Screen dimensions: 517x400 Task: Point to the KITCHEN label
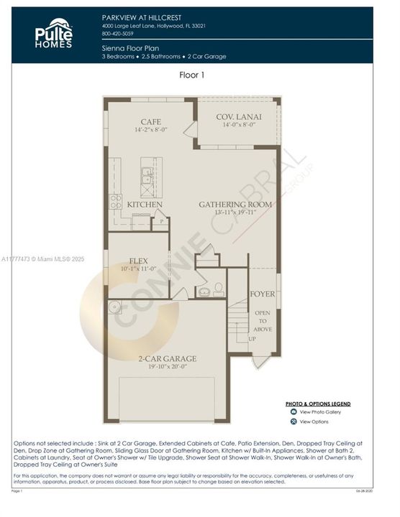click(x=145, y=205)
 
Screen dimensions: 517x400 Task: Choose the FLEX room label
click(x=138, y=261)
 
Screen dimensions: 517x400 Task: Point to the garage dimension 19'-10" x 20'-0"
click(x=167, y=366)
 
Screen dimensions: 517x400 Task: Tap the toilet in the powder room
click(x=218, y=289)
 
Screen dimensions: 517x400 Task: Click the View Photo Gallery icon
click(x=294, y=411)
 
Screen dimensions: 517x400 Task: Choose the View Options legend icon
click(x=294, y=421)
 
